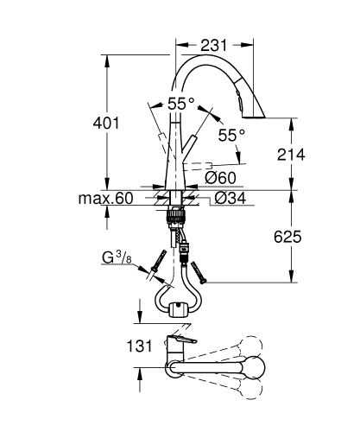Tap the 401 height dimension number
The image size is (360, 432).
105,124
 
